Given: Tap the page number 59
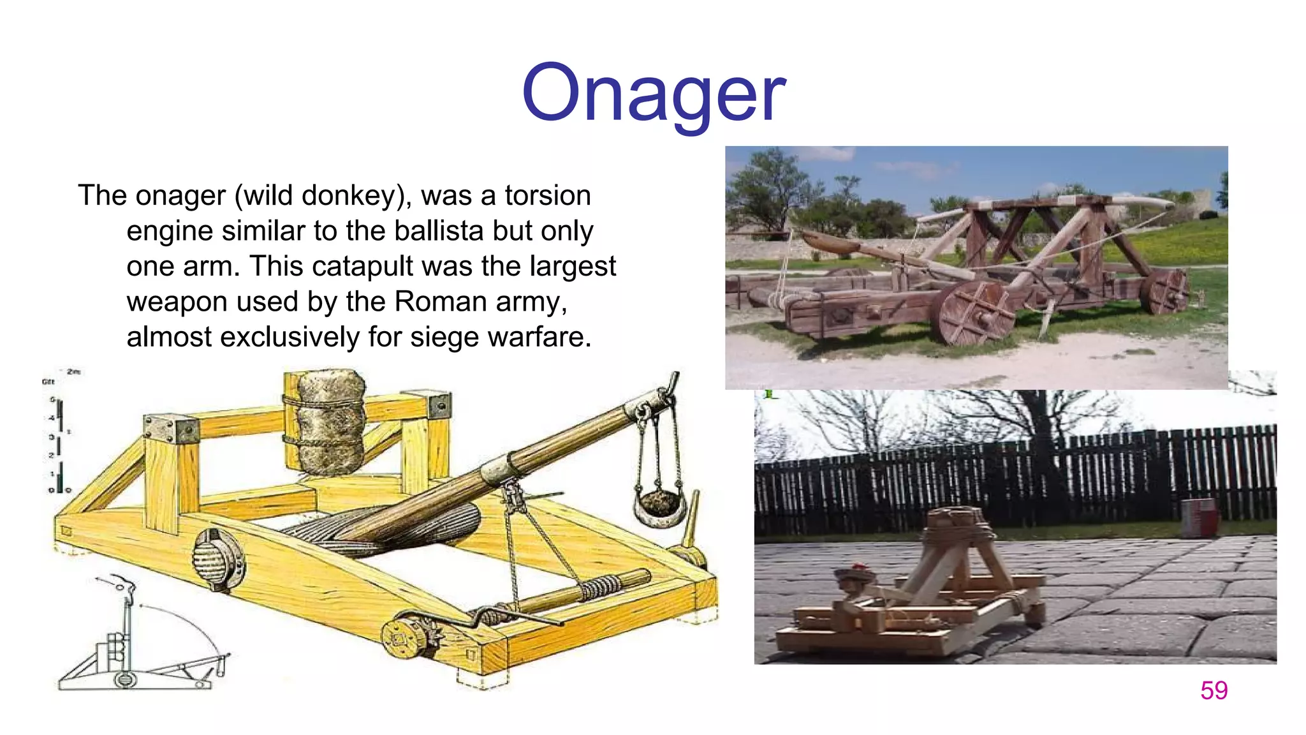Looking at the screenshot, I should coord(1214,690).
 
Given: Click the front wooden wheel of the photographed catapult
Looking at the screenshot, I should coord(973,313).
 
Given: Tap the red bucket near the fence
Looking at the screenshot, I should coord(1199,517).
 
